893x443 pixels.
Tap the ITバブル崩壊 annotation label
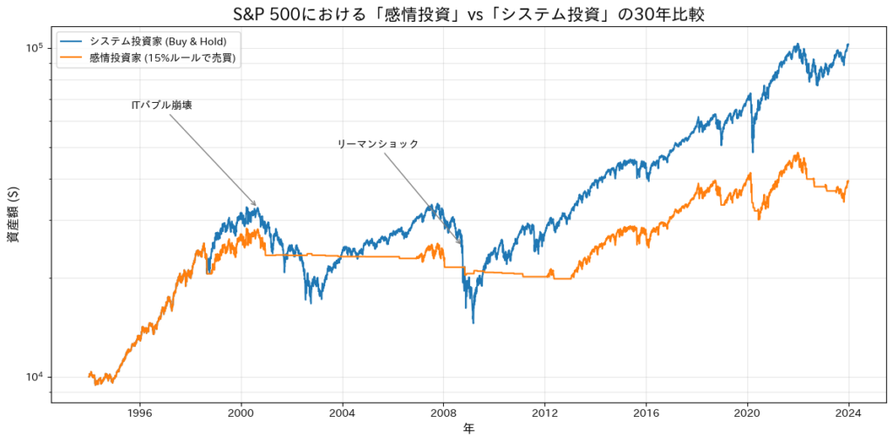point(161,105)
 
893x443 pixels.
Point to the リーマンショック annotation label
point(378,144)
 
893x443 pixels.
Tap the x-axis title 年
point(469,429)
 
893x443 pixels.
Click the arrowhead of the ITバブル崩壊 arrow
point(256,207)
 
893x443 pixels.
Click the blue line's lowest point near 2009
point(474,323)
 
